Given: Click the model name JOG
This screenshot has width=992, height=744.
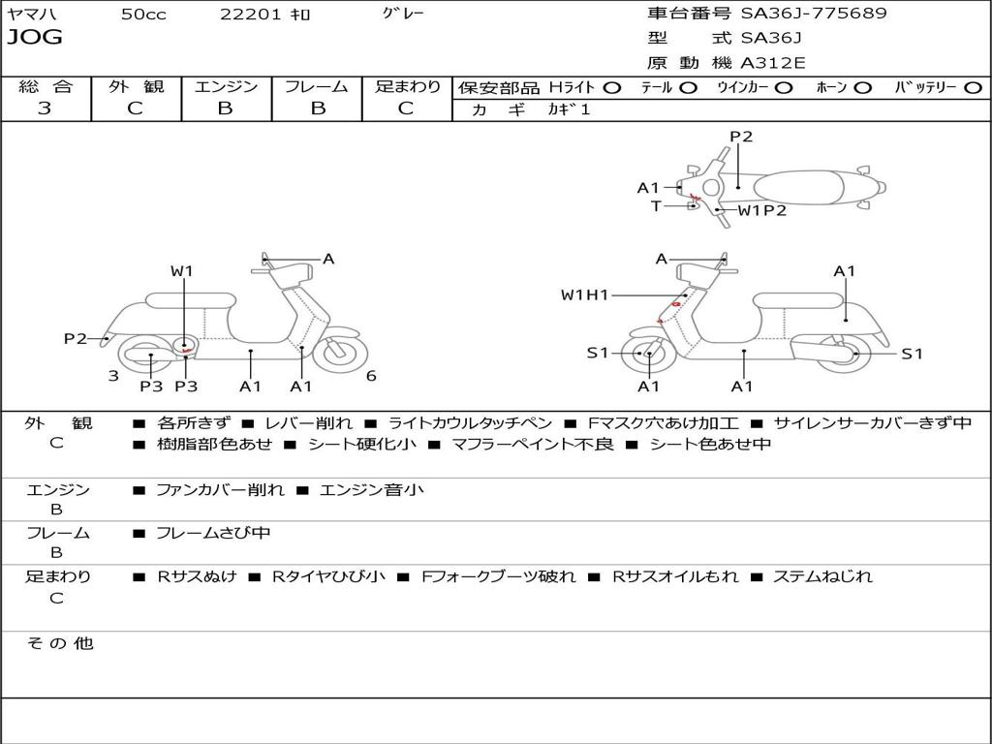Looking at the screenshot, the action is click(x=35, y=38).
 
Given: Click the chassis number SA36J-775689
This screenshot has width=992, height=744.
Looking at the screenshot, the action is click(x=813, y=14).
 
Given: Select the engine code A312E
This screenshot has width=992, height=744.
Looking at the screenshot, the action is click(x=773, y=64).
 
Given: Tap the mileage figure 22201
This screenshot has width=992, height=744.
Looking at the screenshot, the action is click(x=250, y=15).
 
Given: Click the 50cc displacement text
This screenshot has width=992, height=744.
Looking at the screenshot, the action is click(x=142, y=15).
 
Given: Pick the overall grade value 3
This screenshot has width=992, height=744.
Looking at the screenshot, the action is click(x=45, y=108).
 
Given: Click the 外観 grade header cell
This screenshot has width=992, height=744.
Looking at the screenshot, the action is click(x=136, y=86).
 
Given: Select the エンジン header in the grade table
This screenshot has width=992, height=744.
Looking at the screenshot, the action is click(x=226, y=86).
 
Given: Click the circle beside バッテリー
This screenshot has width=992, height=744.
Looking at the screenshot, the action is click(x=973, y=87).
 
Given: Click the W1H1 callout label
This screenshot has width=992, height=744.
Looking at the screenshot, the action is click(x=584, y=294).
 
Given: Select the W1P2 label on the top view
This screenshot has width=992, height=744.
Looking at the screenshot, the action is click(x=762, y=210).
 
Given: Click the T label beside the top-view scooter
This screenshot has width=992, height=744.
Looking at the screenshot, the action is click(x=656, y=205).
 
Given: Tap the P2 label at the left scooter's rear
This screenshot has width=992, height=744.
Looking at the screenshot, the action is click(x=76, y=338).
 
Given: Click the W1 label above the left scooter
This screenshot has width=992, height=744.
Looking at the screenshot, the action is click(x=182, y=271).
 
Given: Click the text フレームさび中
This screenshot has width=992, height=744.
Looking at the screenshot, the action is click(x=213, y=533).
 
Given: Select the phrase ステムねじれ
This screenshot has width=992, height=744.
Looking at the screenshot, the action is click(x=822, y=576).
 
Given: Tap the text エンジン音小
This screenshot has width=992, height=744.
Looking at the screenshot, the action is click(x=371, y=490).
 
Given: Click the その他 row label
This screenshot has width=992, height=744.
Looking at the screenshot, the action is click(x=59, y=643).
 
